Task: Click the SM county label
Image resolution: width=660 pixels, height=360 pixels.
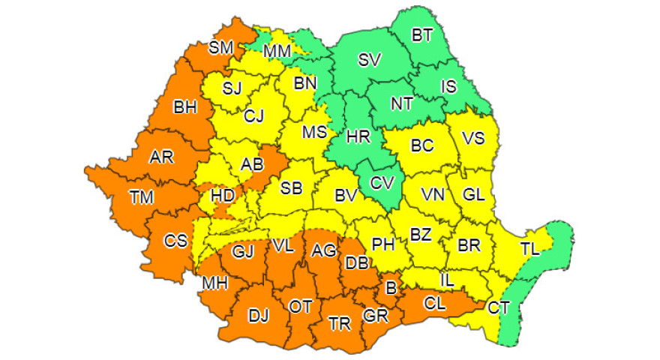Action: [x=221, y=48]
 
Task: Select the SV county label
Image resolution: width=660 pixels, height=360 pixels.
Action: [x=369, y=61]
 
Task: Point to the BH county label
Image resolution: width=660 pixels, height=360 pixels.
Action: [x=185, y=108]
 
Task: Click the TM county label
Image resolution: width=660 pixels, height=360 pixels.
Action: [x=141, y=198]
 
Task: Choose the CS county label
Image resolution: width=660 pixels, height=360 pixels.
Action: [x=176, y=241]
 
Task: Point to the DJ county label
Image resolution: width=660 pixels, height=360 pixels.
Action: [x=258, y=316]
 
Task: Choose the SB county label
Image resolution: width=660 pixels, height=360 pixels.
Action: [x=291, y=188]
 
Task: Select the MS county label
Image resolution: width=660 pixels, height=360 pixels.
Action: [x=314, y=133]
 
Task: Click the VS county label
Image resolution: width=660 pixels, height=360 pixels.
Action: [x=472, y=138]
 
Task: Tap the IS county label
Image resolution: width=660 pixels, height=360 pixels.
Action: [x=448, y=88]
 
